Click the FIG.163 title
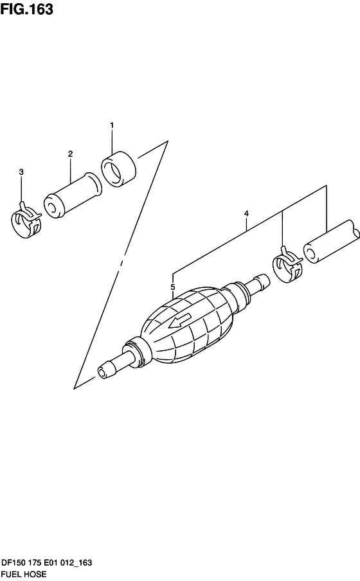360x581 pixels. click(27, 9)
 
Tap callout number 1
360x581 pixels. click(112, 125)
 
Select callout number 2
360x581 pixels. click(71, 154)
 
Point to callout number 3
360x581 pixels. click(21, 172)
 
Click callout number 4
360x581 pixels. click(247, 213)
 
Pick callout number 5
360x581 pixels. click(173, 287)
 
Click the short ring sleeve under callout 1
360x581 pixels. click(119, 169)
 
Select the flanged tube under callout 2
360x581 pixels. click(73, 195)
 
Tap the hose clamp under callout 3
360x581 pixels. click(26, 220)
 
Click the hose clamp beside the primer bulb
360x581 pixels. click(288, 265)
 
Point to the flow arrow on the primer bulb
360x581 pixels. click(179, 321)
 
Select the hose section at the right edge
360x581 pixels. click(332, 242)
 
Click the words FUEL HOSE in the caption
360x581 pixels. click(24, 575)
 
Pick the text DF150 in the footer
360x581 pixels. click(14, 563)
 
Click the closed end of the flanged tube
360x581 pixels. click(52, 208)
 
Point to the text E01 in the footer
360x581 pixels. click(51, 563)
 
